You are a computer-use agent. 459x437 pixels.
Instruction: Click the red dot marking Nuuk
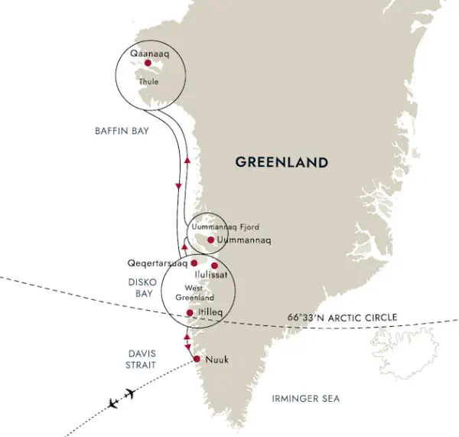tap(197, 359)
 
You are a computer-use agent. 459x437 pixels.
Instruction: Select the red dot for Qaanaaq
tap(147, 64)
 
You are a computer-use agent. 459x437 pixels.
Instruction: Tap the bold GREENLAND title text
tap(282, 162)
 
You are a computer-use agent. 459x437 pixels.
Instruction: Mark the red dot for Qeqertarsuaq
tap(194, 263)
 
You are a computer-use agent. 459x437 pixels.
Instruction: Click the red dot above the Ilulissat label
tap(214, 266)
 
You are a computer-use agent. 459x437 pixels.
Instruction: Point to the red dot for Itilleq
tap(190, 313)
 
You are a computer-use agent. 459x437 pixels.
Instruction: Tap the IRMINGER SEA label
tap(305, 399)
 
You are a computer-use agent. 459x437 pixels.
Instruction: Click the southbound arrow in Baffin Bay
tap(179, 186)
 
